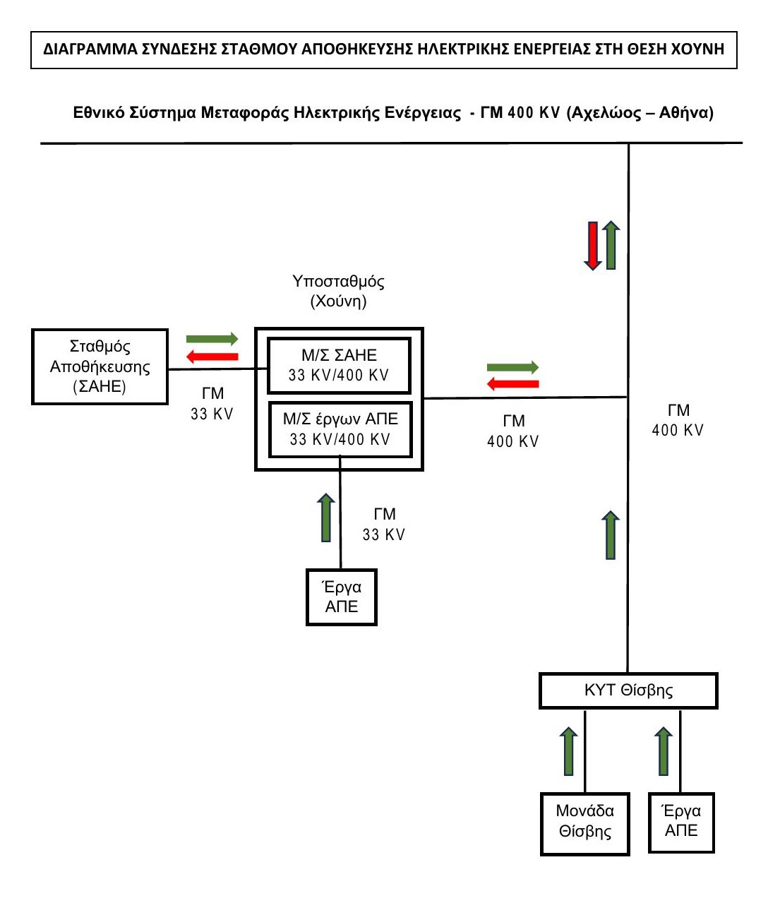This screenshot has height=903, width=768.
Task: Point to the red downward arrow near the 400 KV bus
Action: pos(593,246)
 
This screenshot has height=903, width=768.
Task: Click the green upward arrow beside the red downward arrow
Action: pos(611,245)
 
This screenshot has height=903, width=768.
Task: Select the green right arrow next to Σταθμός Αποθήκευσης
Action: pos(212,339)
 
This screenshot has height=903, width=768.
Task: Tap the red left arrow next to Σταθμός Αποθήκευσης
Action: pos(212,357)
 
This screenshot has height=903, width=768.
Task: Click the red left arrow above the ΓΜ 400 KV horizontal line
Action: pos(513,384)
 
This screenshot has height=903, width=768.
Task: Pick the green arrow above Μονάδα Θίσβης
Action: pos(568,751)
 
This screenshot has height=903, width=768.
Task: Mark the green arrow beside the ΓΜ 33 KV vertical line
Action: pos(326,518)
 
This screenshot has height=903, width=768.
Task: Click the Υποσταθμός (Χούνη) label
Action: pos(338,291)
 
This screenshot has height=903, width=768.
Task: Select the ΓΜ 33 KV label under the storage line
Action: pos(212,403)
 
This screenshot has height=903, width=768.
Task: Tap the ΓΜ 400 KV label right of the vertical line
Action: pos(678,420)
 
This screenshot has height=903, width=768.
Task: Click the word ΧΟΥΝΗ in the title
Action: pos(698,49)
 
